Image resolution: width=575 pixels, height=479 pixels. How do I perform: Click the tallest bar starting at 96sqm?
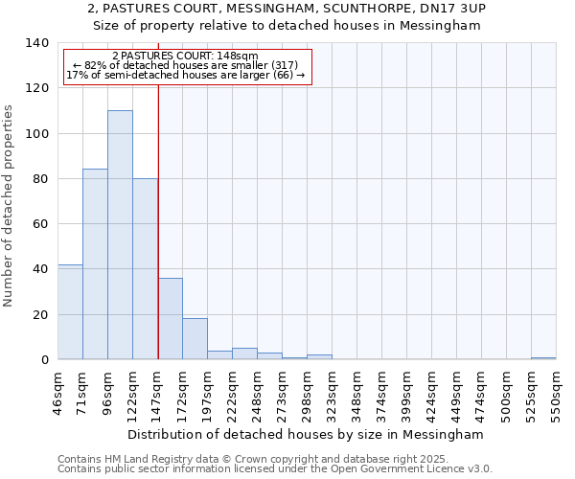tap(120, 235)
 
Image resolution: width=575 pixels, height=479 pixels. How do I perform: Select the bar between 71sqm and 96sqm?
tap(95, 264)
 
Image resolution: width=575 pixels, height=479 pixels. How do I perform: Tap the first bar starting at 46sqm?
tap(70, 311)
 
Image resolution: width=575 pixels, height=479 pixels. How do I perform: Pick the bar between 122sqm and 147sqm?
tap(145, 268)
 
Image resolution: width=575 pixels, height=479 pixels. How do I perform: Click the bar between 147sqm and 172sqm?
tap(170, 318)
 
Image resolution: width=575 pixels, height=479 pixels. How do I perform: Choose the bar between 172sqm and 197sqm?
tap(195, 339)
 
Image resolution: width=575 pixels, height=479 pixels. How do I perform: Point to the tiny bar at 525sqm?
tap(543, 358)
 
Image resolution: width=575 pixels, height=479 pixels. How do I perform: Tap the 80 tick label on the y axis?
tap(40, 179)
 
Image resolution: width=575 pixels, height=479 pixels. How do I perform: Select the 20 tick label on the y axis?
tap(40, 314)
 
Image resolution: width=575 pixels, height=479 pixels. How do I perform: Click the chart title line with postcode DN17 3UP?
tap(287, 9)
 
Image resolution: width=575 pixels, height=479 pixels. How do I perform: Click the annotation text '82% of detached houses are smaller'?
tap(188, 65)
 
